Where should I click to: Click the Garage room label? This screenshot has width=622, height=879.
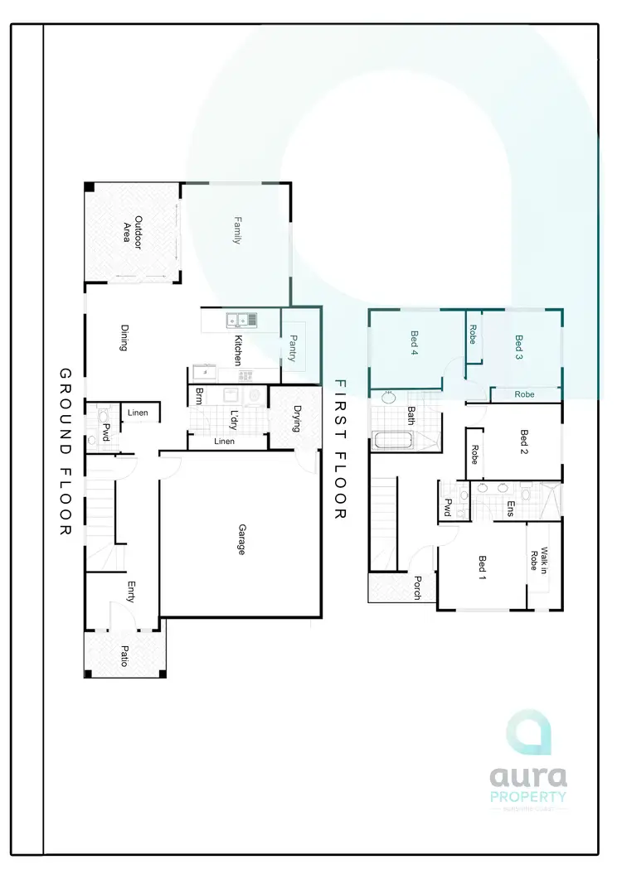(241, 539)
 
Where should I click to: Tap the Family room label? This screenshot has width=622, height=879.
(236, 229)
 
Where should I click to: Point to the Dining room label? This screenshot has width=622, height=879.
(124, 337)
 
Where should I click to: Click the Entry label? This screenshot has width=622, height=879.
(130, 591)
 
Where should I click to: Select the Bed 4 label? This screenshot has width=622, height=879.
(414, 343)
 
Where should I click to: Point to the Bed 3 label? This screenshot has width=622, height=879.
(519, 343)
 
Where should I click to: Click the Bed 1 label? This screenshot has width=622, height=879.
(483, 568)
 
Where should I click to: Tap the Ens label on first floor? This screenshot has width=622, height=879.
(511, 508)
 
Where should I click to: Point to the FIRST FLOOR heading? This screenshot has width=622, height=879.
(339, 450)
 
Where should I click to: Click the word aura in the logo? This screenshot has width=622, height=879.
(528, 776)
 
